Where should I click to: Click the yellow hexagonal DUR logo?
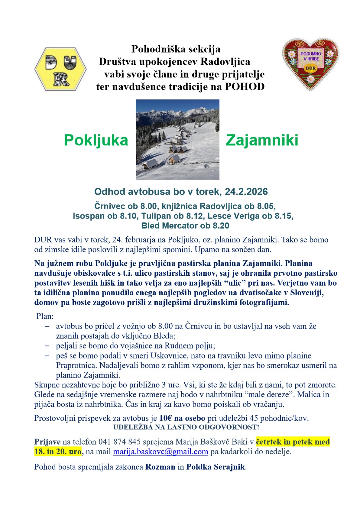click(60, 69)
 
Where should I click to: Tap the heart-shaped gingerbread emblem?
click(310, 64)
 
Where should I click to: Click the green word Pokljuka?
click(96, 140)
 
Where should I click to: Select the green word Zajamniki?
click(262, 140)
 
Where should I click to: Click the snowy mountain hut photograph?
click(177, 140)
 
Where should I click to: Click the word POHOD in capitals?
click(245, 87)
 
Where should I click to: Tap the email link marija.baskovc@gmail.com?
click(161, 452)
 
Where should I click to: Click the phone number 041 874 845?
click(119, 442)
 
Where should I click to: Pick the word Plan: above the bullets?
click(45, 316)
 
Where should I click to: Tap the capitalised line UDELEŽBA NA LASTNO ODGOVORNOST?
click(186, 427)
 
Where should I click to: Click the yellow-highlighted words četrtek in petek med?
click(293, 442)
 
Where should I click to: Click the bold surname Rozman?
click(160, 467)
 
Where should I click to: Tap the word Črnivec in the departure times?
click(109, 206)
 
